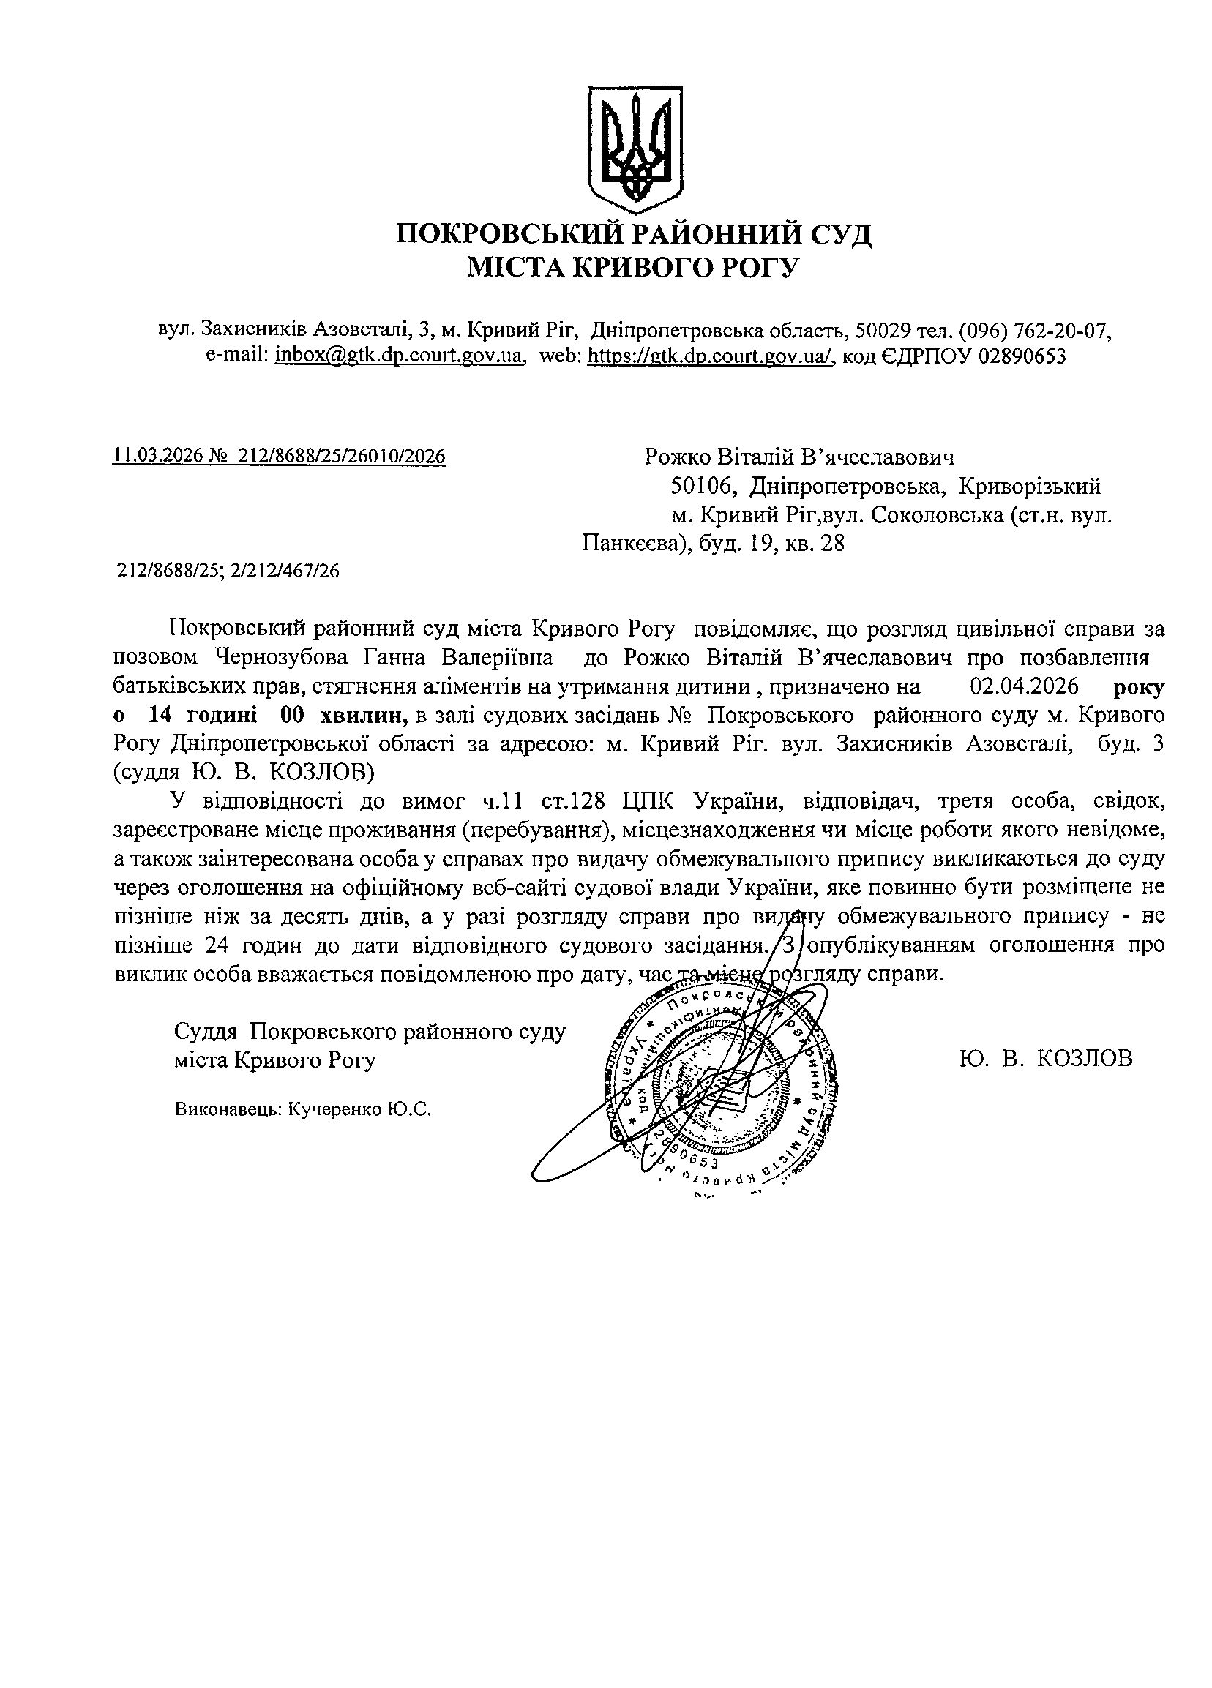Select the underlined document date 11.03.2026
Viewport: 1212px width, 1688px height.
tap(158, 456)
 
